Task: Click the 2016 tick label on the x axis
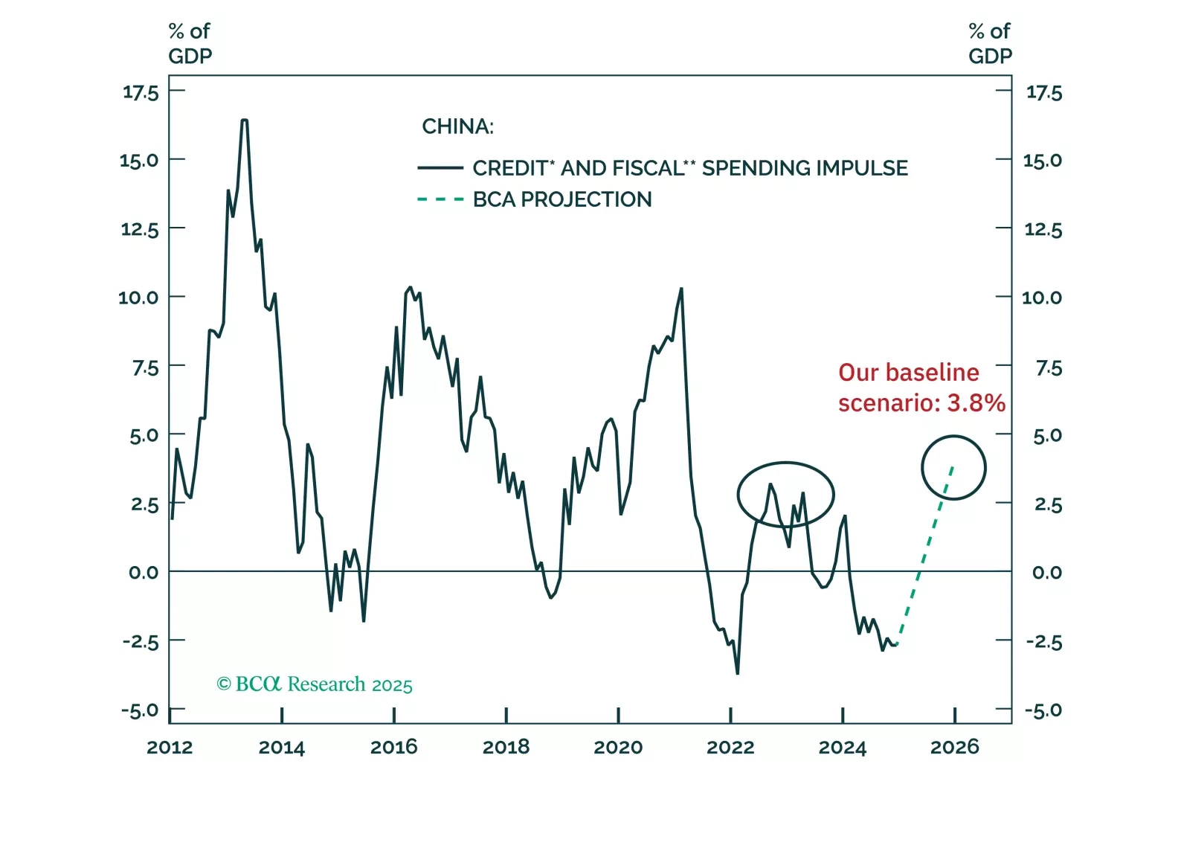(393, 747)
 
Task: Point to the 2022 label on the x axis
(730, 747)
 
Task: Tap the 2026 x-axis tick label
(955, 747)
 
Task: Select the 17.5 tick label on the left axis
(141, 92)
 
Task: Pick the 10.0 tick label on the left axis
(138, 298)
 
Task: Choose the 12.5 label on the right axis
(1043, 229)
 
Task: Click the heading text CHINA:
(457, 126)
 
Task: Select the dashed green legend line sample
(440, 199)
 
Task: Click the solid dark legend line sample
(440, 168)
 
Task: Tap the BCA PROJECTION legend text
(562, 199)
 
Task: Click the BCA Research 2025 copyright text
(315, 684)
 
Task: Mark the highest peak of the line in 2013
(244, 120)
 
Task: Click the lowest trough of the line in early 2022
(737, 673)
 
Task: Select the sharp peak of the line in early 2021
(681, 289)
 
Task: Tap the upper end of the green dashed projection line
(953, 466)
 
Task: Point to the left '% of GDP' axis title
(190, 43)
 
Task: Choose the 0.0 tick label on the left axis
(143, 572)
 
